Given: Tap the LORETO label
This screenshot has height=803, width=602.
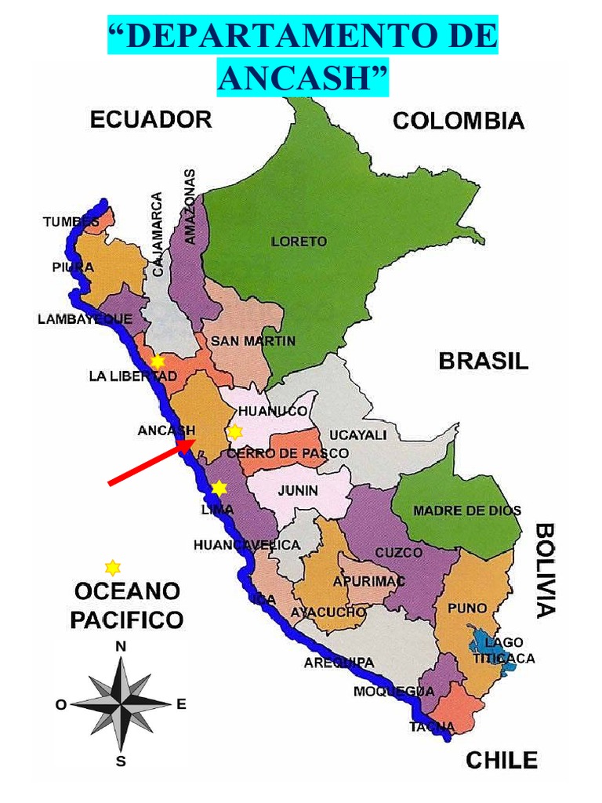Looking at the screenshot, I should tap(299, 242).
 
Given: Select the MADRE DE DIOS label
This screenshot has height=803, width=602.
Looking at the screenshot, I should tap(466, 511).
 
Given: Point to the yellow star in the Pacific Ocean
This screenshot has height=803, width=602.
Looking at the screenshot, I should tap(113, 567).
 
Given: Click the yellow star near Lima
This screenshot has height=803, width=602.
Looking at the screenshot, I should tap(219, 488).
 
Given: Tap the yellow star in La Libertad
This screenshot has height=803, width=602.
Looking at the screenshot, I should tap(158, 362).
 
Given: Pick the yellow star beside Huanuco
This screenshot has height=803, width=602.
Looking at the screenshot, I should tap(234, 431).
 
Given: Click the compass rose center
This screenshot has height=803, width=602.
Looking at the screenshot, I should tap(121, 703).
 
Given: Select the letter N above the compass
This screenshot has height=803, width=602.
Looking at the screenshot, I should tap(121, 647).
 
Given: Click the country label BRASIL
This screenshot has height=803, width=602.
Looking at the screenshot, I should tap(483, 361).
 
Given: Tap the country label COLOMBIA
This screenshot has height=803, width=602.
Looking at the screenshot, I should tap(458, 121).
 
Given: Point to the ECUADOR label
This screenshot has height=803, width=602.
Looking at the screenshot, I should tap(150, 119).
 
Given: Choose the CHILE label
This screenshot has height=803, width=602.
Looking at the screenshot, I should tap(502, 760).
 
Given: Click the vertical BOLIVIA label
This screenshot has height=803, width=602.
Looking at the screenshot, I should tap(546, 570).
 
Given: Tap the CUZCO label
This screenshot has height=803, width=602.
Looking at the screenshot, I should tap(398, 552).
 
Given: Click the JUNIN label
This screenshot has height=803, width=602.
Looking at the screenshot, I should tap(298, 490).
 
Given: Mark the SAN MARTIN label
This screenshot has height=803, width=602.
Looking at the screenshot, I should tap(252, 341).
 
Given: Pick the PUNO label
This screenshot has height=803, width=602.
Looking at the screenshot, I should tap(466, 608).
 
